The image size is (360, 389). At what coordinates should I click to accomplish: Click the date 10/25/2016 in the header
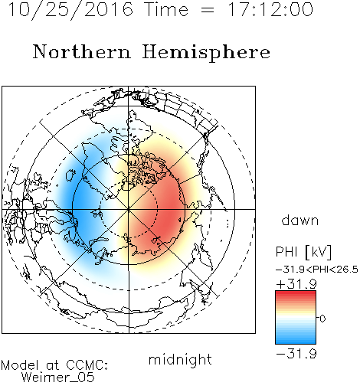pos(70,10)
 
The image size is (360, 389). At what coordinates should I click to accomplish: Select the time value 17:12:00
pos(270,10)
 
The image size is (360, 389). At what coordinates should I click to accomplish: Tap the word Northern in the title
pos(82,52)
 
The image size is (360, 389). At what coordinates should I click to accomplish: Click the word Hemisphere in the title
pos(206,53)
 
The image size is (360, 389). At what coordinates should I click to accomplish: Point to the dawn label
pos(300,221)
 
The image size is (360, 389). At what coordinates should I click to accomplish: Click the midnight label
pos(180,360)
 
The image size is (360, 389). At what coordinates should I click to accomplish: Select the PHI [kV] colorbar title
pos(303,252)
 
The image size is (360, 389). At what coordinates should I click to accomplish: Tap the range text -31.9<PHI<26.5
pos(317,270)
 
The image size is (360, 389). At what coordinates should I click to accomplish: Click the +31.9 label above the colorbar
pos(296,284)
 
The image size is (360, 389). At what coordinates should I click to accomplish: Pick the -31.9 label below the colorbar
pos(296,354)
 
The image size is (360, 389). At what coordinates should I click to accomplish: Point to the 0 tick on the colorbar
pos(322,319)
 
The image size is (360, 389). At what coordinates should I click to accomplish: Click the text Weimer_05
pos(57,377)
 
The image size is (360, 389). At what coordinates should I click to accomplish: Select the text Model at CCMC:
pos(54,365)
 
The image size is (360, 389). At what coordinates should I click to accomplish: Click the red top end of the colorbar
pos(296,293)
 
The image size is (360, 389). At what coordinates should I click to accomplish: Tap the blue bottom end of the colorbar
pos(296,342)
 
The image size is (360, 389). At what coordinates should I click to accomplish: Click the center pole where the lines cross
pos(129,209)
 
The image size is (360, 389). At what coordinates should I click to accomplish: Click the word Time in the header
pos(166,10)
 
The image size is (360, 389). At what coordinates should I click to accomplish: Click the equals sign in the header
pos(208,11)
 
